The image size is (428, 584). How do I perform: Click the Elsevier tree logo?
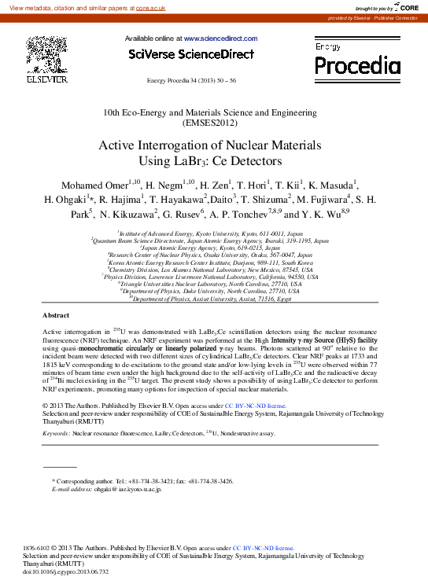point(46,54)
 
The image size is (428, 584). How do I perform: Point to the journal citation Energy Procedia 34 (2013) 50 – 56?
point(191,80)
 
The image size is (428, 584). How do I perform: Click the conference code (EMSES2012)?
point(213,123)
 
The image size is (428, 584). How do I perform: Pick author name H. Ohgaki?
point(65,200)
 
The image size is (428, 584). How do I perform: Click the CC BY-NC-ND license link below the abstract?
point(254,406)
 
